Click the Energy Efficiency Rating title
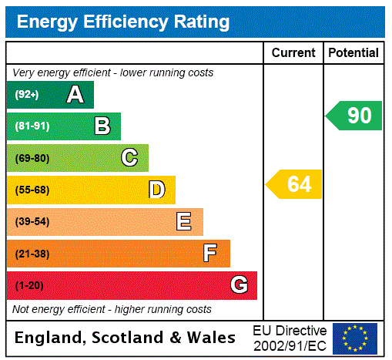pyautogui.click(x=123, y=22)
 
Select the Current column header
pyautogui.click(x=293, y=52)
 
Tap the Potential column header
pyautogui.click(x=353, y=52)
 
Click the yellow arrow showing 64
pyautogui.click(x=294, y=184)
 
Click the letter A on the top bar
pyautogui.click(x=75, y=95)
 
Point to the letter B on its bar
pyautogui.click(x=102, y=126)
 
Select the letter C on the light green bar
pyautogui.click(x=129, y=158)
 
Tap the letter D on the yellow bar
pyautogui.click(x=157, y=190)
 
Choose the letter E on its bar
pyautogui.click(x=184, y=222)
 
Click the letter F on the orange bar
pyautogui.click(x=210, y=254)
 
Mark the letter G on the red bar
pyautogui.click(x=239, y=285)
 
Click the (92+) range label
pyautogui.click(x=26, y=95)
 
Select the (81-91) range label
pyautogui.click(x=32, y=126)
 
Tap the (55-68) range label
pyautogui.click(x=32, y=190)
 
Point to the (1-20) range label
pyautogui.click(x=29, y=285)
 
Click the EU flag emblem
pyautogui.click(x=354, y=338)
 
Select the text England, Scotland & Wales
pyautogui.click(x=126, y=338)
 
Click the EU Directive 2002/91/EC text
pyautogui.click(x=290, y=338)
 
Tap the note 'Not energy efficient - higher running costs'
pyautogui.click(x=112, y=309)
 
